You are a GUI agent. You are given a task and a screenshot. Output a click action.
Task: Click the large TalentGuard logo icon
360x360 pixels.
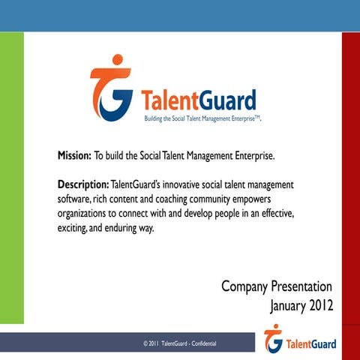click(x=112, y=89)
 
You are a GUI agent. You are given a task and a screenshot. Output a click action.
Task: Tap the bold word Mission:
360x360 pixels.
click(x=74, y=157)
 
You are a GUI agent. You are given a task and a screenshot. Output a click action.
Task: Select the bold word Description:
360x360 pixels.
click(x=83, y=184)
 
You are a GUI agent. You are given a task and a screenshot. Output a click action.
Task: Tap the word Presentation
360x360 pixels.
click(x=298, y=286)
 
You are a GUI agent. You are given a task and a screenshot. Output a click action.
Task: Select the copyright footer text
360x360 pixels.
click(x=180, y=343)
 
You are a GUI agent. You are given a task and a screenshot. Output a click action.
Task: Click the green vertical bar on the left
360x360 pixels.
click(x=11, y=180)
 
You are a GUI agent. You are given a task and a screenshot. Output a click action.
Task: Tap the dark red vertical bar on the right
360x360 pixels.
click(x=350, y=180)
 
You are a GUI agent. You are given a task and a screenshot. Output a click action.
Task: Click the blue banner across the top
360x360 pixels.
click(x=180, y=15)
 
